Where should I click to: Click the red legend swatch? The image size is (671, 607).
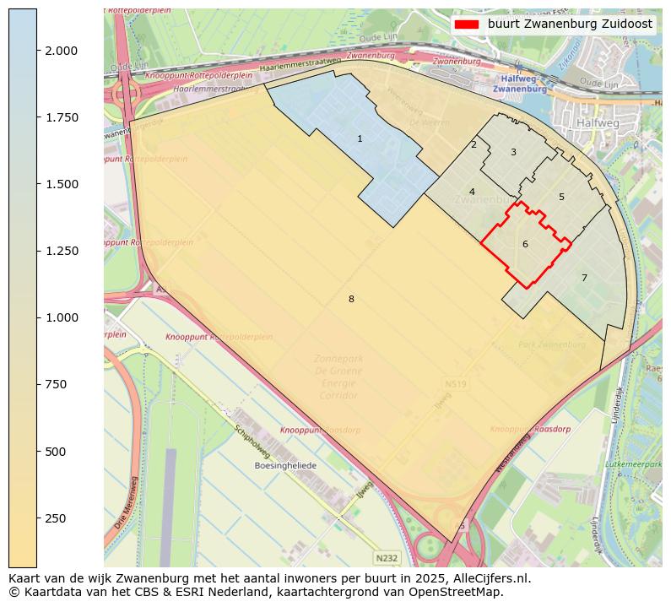(x=467, y=24)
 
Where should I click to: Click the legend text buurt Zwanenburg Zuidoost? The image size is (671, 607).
(x=570, y=24)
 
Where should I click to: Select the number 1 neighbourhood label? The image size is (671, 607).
(x=360, y=138)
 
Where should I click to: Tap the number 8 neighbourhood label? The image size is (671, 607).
(x=351, y=299)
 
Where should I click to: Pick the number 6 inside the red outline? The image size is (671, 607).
(x=525, y=244)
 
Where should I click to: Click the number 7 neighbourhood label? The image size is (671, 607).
(x=583, y=278)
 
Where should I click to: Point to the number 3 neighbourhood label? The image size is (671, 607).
(x=513, y=152)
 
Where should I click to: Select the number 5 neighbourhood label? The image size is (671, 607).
(x=561, y=197)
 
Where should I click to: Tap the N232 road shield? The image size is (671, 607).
(x=387, y=558)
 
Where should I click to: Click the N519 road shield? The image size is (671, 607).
(x=454, y=385)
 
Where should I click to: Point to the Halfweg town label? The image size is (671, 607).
(x=598, y=122)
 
